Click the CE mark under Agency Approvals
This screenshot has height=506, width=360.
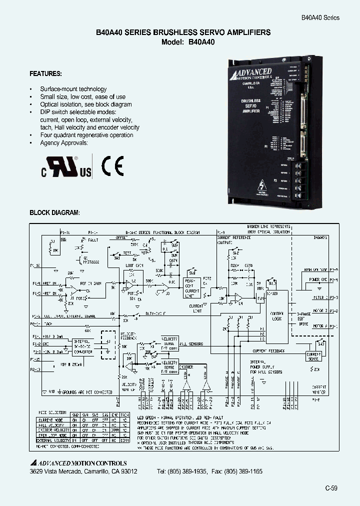pyautogui.click(x=112, y=166)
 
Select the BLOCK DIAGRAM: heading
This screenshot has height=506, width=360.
pyautogui.click(x=54, y=212)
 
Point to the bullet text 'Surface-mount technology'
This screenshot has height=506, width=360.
pyautogui.click(x=73, y=89)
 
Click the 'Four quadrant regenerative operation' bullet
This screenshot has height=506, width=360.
pyautogui.click(x=86, y=135)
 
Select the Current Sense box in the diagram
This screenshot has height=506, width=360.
pyautogui.click(x=313, y=356)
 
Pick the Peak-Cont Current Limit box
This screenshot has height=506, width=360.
pyautogui.click(x=192, y=287)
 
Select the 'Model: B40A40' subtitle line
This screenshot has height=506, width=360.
pyautogui.click(x=188, y=42)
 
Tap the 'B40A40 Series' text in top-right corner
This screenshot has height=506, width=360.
pyautogui.click(x=320, y=17)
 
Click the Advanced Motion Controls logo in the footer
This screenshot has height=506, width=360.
pyautogui.click(x=78, y=463)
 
